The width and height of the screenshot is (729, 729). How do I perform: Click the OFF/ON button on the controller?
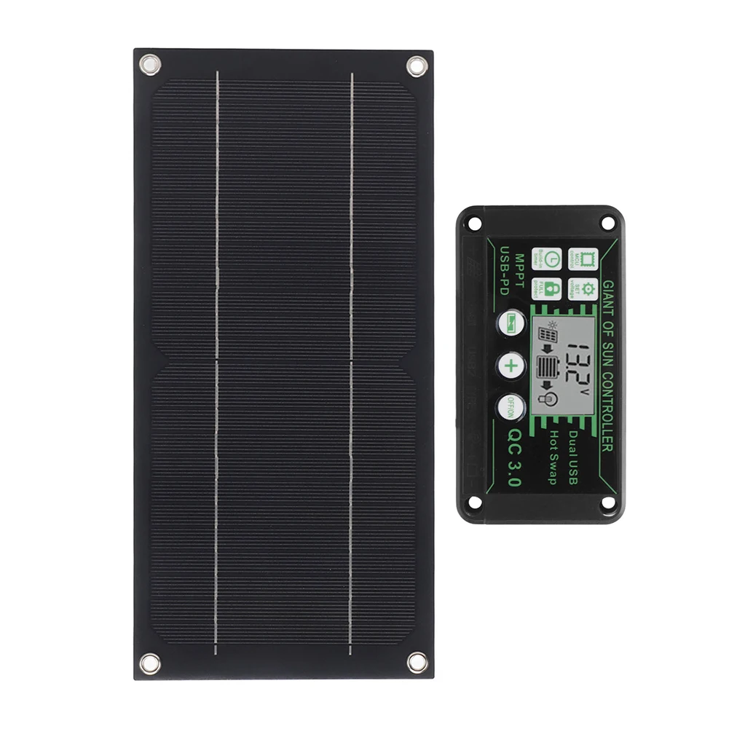tap(511, 406)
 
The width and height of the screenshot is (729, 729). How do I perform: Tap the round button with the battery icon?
tap(511, 323)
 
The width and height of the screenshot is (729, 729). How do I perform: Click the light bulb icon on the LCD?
tap(549, 398)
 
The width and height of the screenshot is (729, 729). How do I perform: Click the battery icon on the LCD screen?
tap(545, 366)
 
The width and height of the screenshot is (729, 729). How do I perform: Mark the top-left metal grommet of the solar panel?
tap(150, 66)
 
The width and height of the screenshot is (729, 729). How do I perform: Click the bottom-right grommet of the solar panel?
tap(417, 662)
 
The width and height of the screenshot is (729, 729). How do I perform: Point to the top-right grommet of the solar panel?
tap(417, 66)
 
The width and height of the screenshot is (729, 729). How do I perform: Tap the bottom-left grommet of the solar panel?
tap(150, 663)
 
